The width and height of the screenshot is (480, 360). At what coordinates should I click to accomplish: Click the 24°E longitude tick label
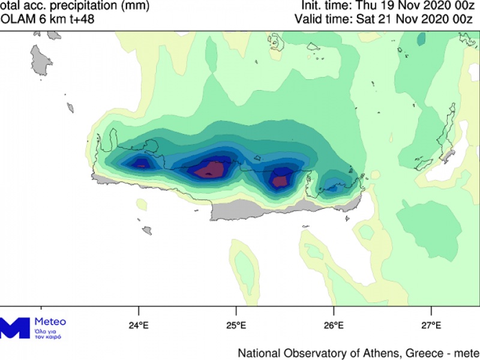pyautogui.click(x=139, y=326)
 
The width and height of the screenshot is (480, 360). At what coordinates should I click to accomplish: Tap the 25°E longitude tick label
pyautogui.click(x=236, y=326)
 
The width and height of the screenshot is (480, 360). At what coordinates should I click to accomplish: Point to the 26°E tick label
pyautogui.click(x=334, y=326)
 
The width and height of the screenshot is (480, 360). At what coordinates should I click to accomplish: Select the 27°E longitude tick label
pyautogui.click(x=431, y=326)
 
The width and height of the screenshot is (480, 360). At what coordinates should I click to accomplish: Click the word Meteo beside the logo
pyautogui.click(x=51, y=322)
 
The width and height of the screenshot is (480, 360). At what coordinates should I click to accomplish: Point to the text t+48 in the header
pyautogui.click(x=79, y=19)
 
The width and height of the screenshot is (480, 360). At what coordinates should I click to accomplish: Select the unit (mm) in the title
pyautogui.click(x=133, y=6)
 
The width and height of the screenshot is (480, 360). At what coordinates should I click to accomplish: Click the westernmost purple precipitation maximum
pyautogui.click(x=142, y=162)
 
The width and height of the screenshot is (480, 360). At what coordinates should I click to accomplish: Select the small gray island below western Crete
pyautogui.click(x=146, y=230)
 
